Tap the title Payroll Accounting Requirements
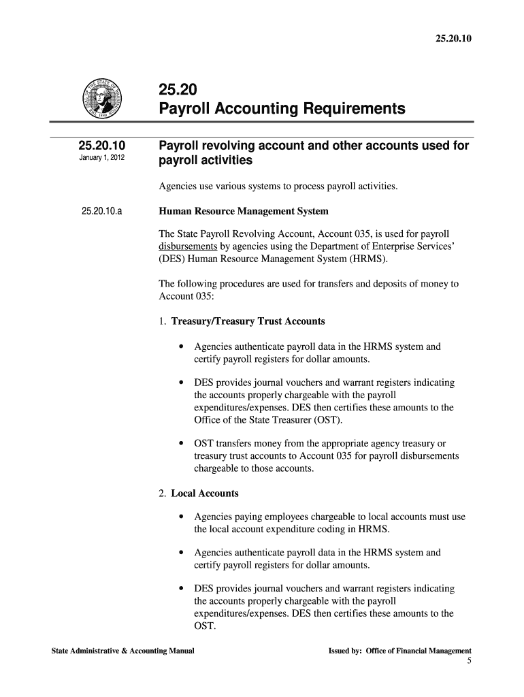282,109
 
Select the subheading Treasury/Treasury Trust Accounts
248,321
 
